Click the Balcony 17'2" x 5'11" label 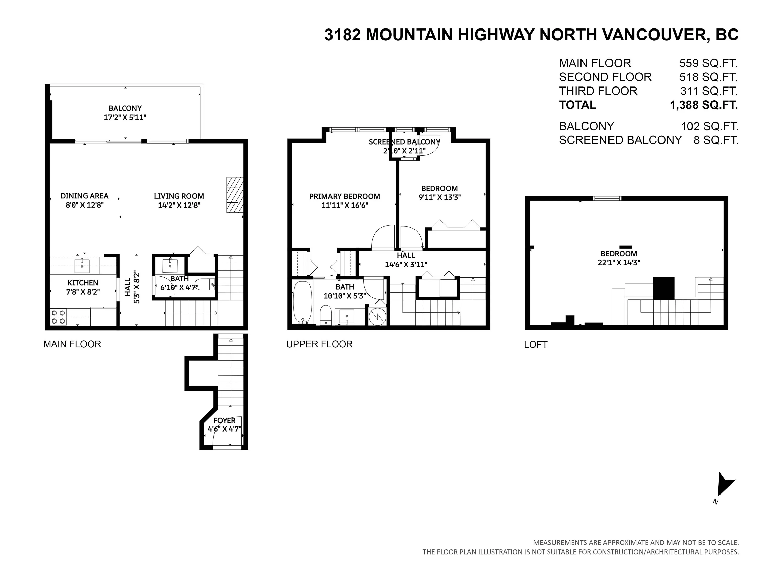(125, 113)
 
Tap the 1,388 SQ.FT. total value (704, 105)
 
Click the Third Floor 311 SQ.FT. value (709, 91)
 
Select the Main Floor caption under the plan (72, 344)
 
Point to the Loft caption (536, 345)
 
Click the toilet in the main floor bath (204, 284)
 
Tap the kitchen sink (82, 266)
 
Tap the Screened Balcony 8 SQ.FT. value (716, 140)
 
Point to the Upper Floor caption (319, 344)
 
